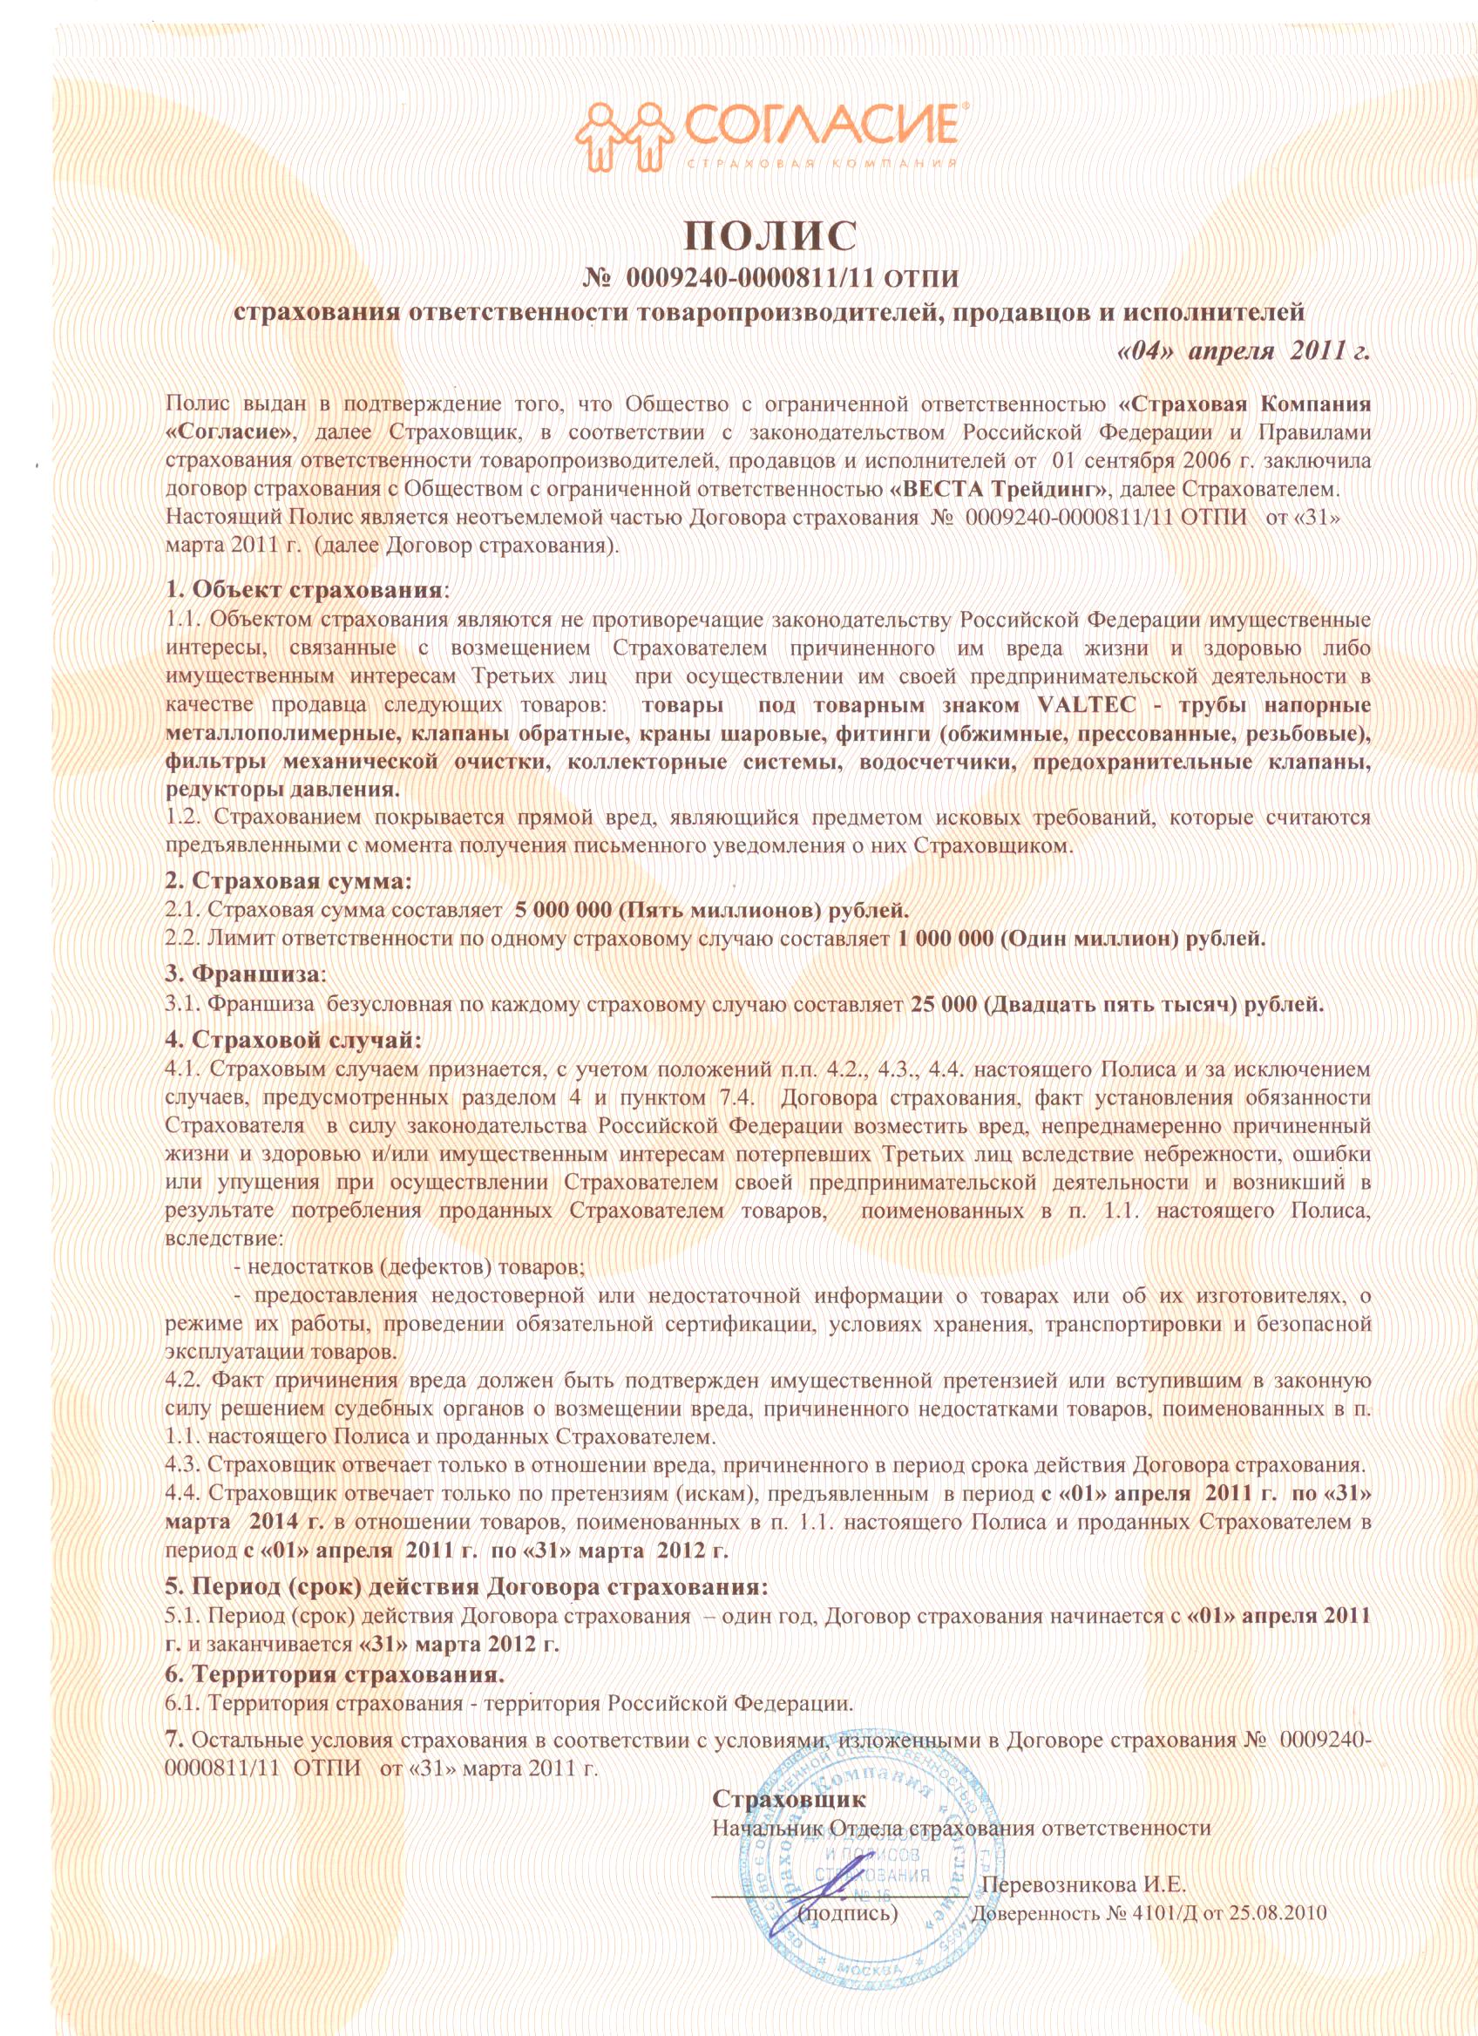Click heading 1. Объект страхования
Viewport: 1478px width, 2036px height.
[x=305, y=591]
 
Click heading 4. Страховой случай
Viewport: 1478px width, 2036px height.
[x=293, y=1040]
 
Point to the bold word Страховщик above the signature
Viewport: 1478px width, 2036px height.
[x=789, y=1774]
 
